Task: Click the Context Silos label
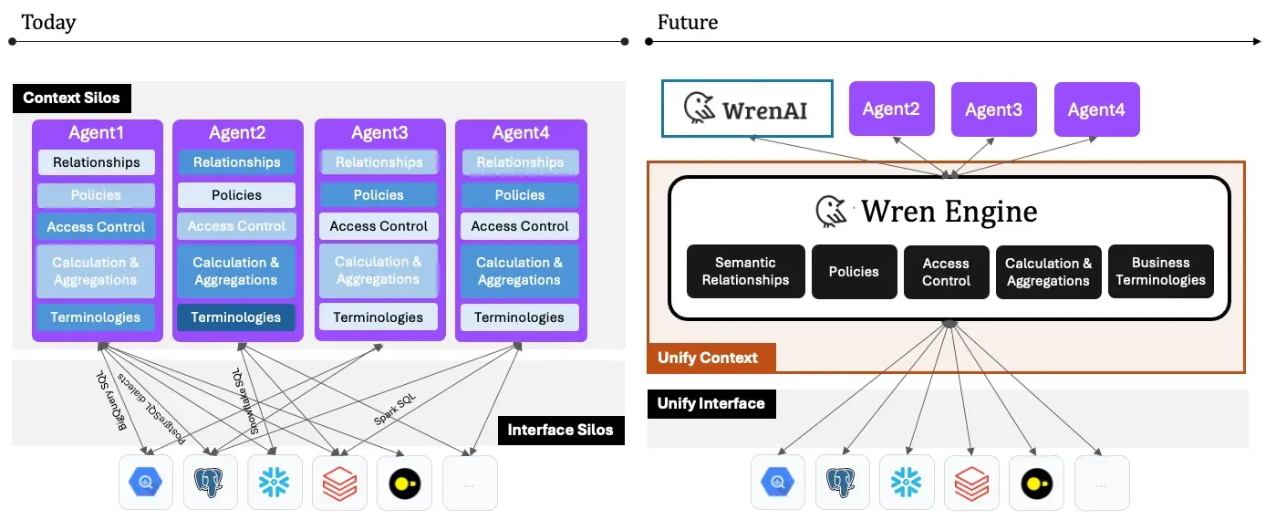[72, 98]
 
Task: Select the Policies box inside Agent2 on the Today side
[236, 195]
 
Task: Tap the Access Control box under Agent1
[96, 227]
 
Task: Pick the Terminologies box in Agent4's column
[519, 317]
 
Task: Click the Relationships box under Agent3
[379, 162]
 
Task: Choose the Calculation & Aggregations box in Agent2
[236, 271]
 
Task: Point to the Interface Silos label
[560, 430]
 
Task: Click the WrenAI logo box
[747, 109]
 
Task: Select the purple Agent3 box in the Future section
[993, 109]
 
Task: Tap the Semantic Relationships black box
[745, 272]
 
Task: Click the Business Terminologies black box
[1160, 272]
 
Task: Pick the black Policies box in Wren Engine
[854, 272]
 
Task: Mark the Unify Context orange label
[708, 358]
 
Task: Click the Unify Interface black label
[711, 403]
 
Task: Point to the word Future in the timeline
[687, 22]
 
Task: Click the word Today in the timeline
[48, 22]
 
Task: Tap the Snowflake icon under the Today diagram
[274, 483]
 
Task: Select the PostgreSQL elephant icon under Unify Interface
[843, 483]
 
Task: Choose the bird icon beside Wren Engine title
[831, 211]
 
